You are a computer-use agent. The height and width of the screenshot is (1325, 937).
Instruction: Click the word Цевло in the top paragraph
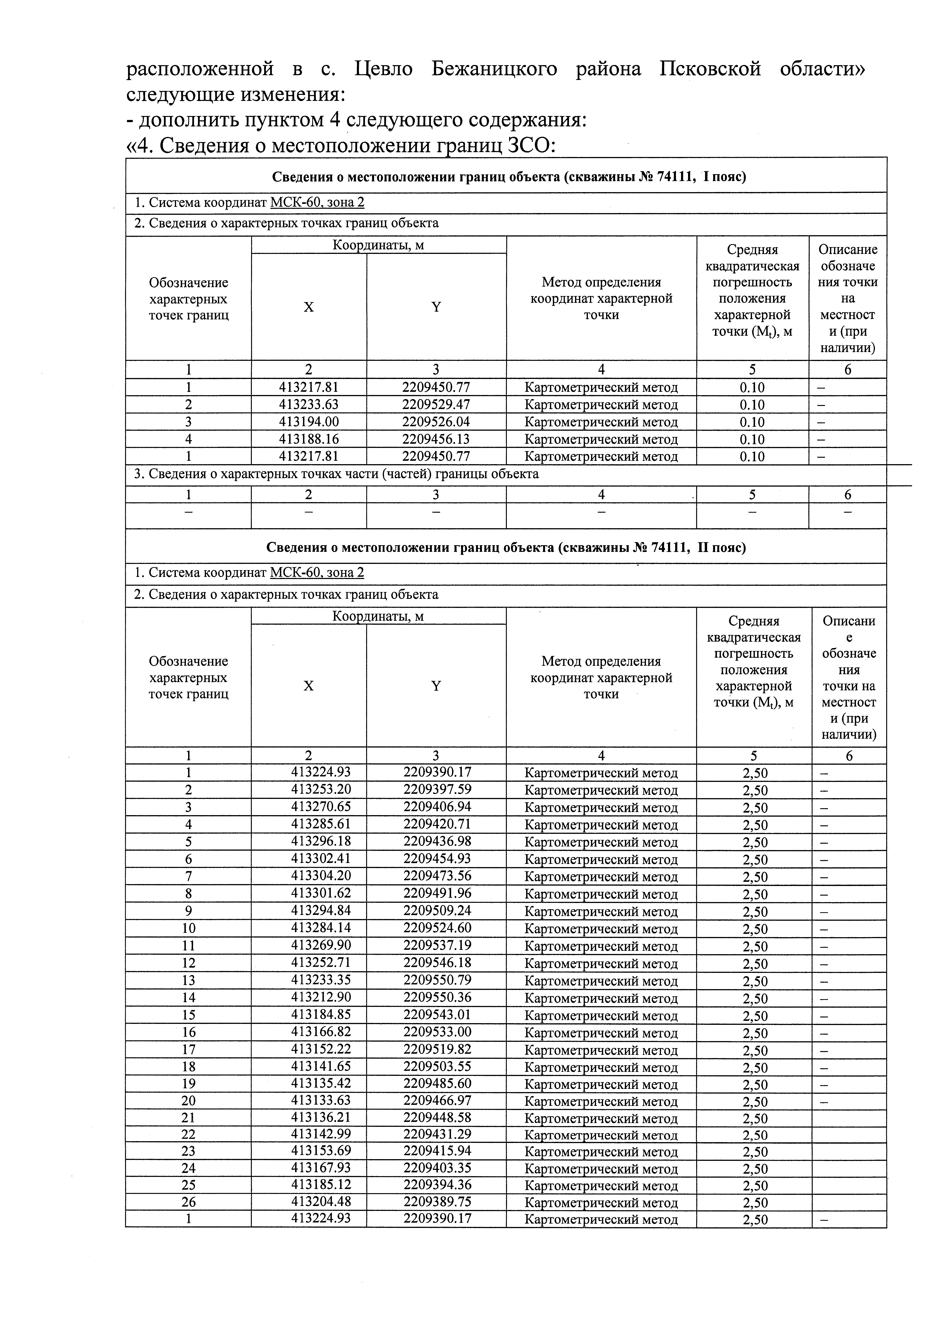(383, 69)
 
